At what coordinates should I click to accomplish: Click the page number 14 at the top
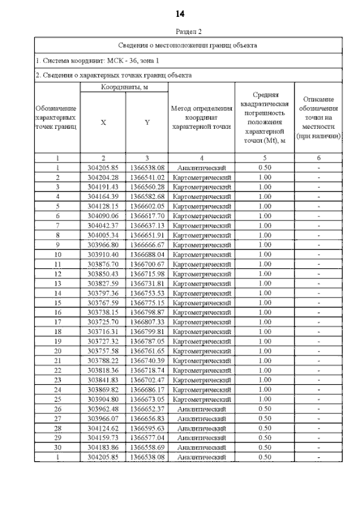180,13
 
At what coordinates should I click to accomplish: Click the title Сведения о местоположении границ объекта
188,44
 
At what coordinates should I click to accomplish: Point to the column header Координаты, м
124,87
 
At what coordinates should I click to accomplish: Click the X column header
103,122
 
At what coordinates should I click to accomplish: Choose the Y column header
147,122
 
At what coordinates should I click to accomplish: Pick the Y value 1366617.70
147,215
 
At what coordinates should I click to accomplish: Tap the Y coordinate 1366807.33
147,322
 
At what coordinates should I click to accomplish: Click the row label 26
57,409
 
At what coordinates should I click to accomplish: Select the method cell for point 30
201,448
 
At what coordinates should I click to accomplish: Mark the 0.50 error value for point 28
264,429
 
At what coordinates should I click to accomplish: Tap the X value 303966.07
103,419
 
